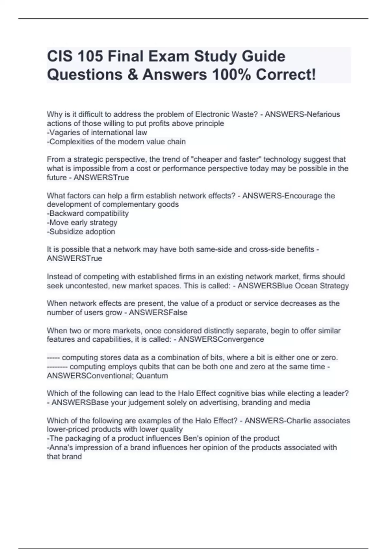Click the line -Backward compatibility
(88, 213)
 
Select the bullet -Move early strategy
(82, 223)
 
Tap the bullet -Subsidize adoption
(81, 232)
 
